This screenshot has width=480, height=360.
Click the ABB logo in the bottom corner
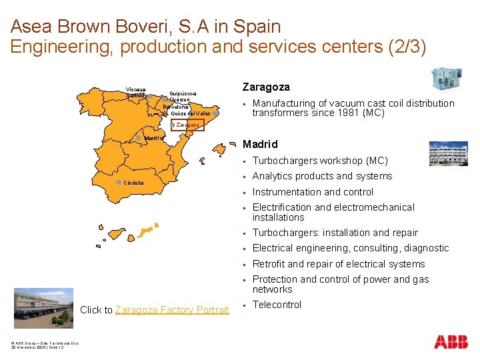[451, 342]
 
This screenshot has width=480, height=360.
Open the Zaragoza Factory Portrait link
[172, 310]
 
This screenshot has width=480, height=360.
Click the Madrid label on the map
[154, 139]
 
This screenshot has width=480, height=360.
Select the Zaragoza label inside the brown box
[187, 125]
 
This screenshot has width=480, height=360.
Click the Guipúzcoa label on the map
[183, 94]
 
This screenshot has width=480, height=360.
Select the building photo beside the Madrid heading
[449, 153]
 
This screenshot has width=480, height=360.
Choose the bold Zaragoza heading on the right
[265, 87]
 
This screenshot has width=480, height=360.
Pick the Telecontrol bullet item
[277, 305]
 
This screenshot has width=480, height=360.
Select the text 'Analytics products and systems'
[322, 176]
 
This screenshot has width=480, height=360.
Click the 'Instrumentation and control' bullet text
[313, 192]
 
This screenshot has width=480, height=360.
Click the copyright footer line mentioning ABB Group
[39, 343]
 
